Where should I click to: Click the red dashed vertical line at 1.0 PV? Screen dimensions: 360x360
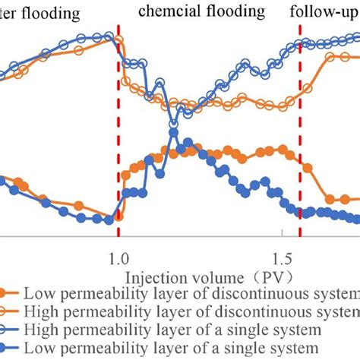pos(118,152)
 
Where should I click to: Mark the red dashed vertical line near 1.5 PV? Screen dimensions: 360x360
pos(301,152)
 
